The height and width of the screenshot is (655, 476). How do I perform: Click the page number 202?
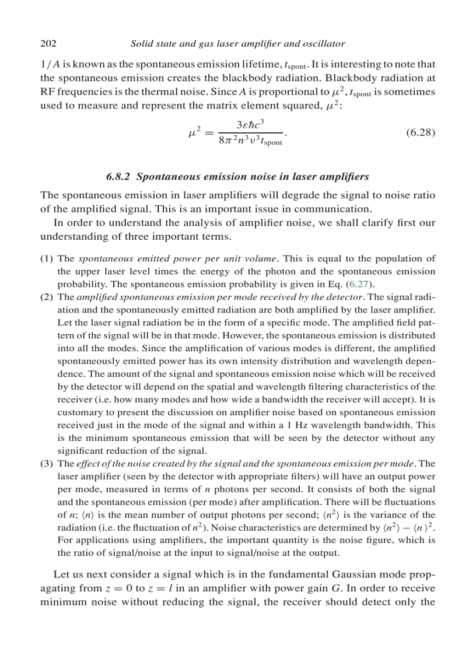pyautogui.click(x=47, y=44)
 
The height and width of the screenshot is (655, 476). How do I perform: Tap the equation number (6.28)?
pyautogui.click(x=420, y=132)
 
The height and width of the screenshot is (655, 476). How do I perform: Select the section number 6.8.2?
pyautogui.click(x=120, y=176)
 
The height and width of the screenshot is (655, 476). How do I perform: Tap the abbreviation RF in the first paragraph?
pyautogui.click(x=47, y=92)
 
